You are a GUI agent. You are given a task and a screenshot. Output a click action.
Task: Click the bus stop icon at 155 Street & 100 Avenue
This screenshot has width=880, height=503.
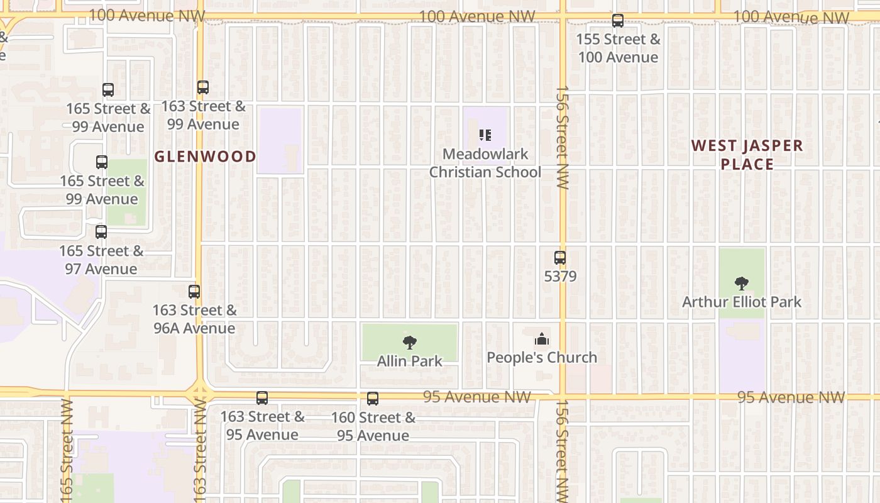coord(618,21)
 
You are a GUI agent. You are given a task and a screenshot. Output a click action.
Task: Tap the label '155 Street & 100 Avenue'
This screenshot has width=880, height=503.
coord(619,48)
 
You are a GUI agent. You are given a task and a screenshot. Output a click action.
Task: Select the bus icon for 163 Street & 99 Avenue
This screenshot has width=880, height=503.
coord(202,87)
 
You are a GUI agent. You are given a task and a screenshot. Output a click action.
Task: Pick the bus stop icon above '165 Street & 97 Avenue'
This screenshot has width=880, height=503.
coord(101,231)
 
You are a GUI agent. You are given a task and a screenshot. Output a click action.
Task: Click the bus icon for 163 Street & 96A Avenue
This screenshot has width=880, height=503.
coord(194,291)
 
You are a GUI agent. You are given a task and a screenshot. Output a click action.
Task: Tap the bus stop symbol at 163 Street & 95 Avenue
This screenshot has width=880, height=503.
coord(262,398)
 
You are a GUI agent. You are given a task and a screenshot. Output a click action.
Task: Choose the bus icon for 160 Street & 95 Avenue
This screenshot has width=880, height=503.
coord(373,399)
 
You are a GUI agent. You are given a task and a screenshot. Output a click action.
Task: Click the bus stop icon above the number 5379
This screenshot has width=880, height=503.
coord(560,257)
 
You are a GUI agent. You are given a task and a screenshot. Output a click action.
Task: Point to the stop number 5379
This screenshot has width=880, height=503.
coord(560,276)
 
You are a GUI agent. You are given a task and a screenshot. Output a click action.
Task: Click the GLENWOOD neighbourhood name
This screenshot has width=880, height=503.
coord(206,157)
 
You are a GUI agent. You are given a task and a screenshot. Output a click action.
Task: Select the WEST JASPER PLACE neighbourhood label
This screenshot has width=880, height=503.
coord(747,155)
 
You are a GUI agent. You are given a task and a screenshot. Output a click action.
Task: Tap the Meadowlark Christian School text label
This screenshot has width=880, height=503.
coord(485,163)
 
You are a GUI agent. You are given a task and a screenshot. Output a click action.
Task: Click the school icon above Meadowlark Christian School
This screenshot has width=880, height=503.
coord(485,135)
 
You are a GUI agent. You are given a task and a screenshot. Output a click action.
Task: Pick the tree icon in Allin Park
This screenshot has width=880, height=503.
coord(410,343)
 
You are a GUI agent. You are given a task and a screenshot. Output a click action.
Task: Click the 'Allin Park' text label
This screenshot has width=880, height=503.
coord(410,362)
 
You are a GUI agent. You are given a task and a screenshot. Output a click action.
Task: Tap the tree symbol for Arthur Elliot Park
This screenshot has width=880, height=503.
coord(742,283)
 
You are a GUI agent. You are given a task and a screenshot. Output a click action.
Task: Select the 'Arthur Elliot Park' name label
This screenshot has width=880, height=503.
coord(742,302)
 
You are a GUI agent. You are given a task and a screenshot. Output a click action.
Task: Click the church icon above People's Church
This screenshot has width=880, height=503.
coord(542,340)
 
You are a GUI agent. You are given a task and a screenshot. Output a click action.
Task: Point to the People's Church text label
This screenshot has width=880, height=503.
coord(542,358)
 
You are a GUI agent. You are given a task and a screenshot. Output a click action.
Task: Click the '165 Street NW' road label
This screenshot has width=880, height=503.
coord(67,450)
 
